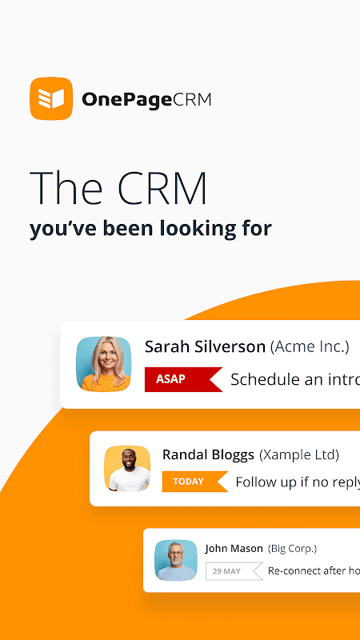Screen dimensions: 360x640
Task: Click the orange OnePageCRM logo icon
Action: pyautogui.click(x=51, y=98)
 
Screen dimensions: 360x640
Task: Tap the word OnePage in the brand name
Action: pyautogui.click(x=126, y=100)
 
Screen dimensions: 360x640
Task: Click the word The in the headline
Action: pyautogui.click(x=66, y=188)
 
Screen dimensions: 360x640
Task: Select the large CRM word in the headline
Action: pyautogui.click(x=162, y=188)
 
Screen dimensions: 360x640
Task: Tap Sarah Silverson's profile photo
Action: pyautogui.click(x=104, y=364)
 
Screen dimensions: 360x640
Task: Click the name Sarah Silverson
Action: pyautogui.click(x=206, y=347)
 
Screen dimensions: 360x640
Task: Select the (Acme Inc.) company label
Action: pyautogui.click(x=310, y=347)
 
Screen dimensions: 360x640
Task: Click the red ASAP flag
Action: pyautogui.click(x=183, y=379)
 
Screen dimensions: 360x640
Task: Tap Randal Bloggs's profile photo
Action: pyautogui.click(x=127, y=469)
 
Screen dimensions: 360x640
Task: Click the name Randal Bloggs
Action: pyautogui.click(x=208, y=454)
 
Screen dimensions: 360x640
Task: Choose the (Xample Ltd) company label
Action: pyautogui.click(x=299, y=454)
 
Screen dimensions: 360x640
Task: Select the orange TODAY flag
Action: pyautogui.click(x=195, y=482)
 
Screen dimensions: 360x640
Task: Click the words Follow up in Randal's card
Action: pyautogui.click(x=259, y=482)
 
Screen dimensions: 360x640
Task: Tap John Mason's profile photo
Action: pyautogui.click(x=176, y=560)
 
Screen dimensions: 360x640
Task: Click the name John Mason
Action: pyautogui.click(x=234, y=549)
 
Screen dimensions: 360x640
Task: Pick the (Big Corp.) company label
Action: pyautogui.click(x=292, y=549)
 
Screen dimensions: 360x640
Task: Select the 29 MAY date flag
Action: pyautogui.click(x=234, y=571)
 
